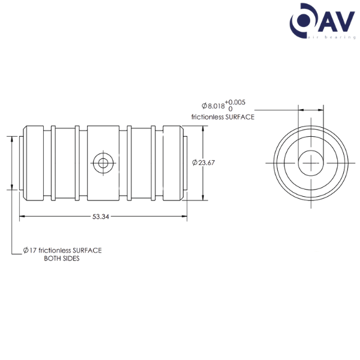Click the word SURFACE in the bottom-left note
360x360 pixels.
tap(86, 250)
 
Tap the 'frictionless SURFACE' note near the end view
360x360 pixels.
tap(222, 117)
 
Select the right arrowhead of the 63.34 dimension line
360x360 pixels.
tap(184, 217)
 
